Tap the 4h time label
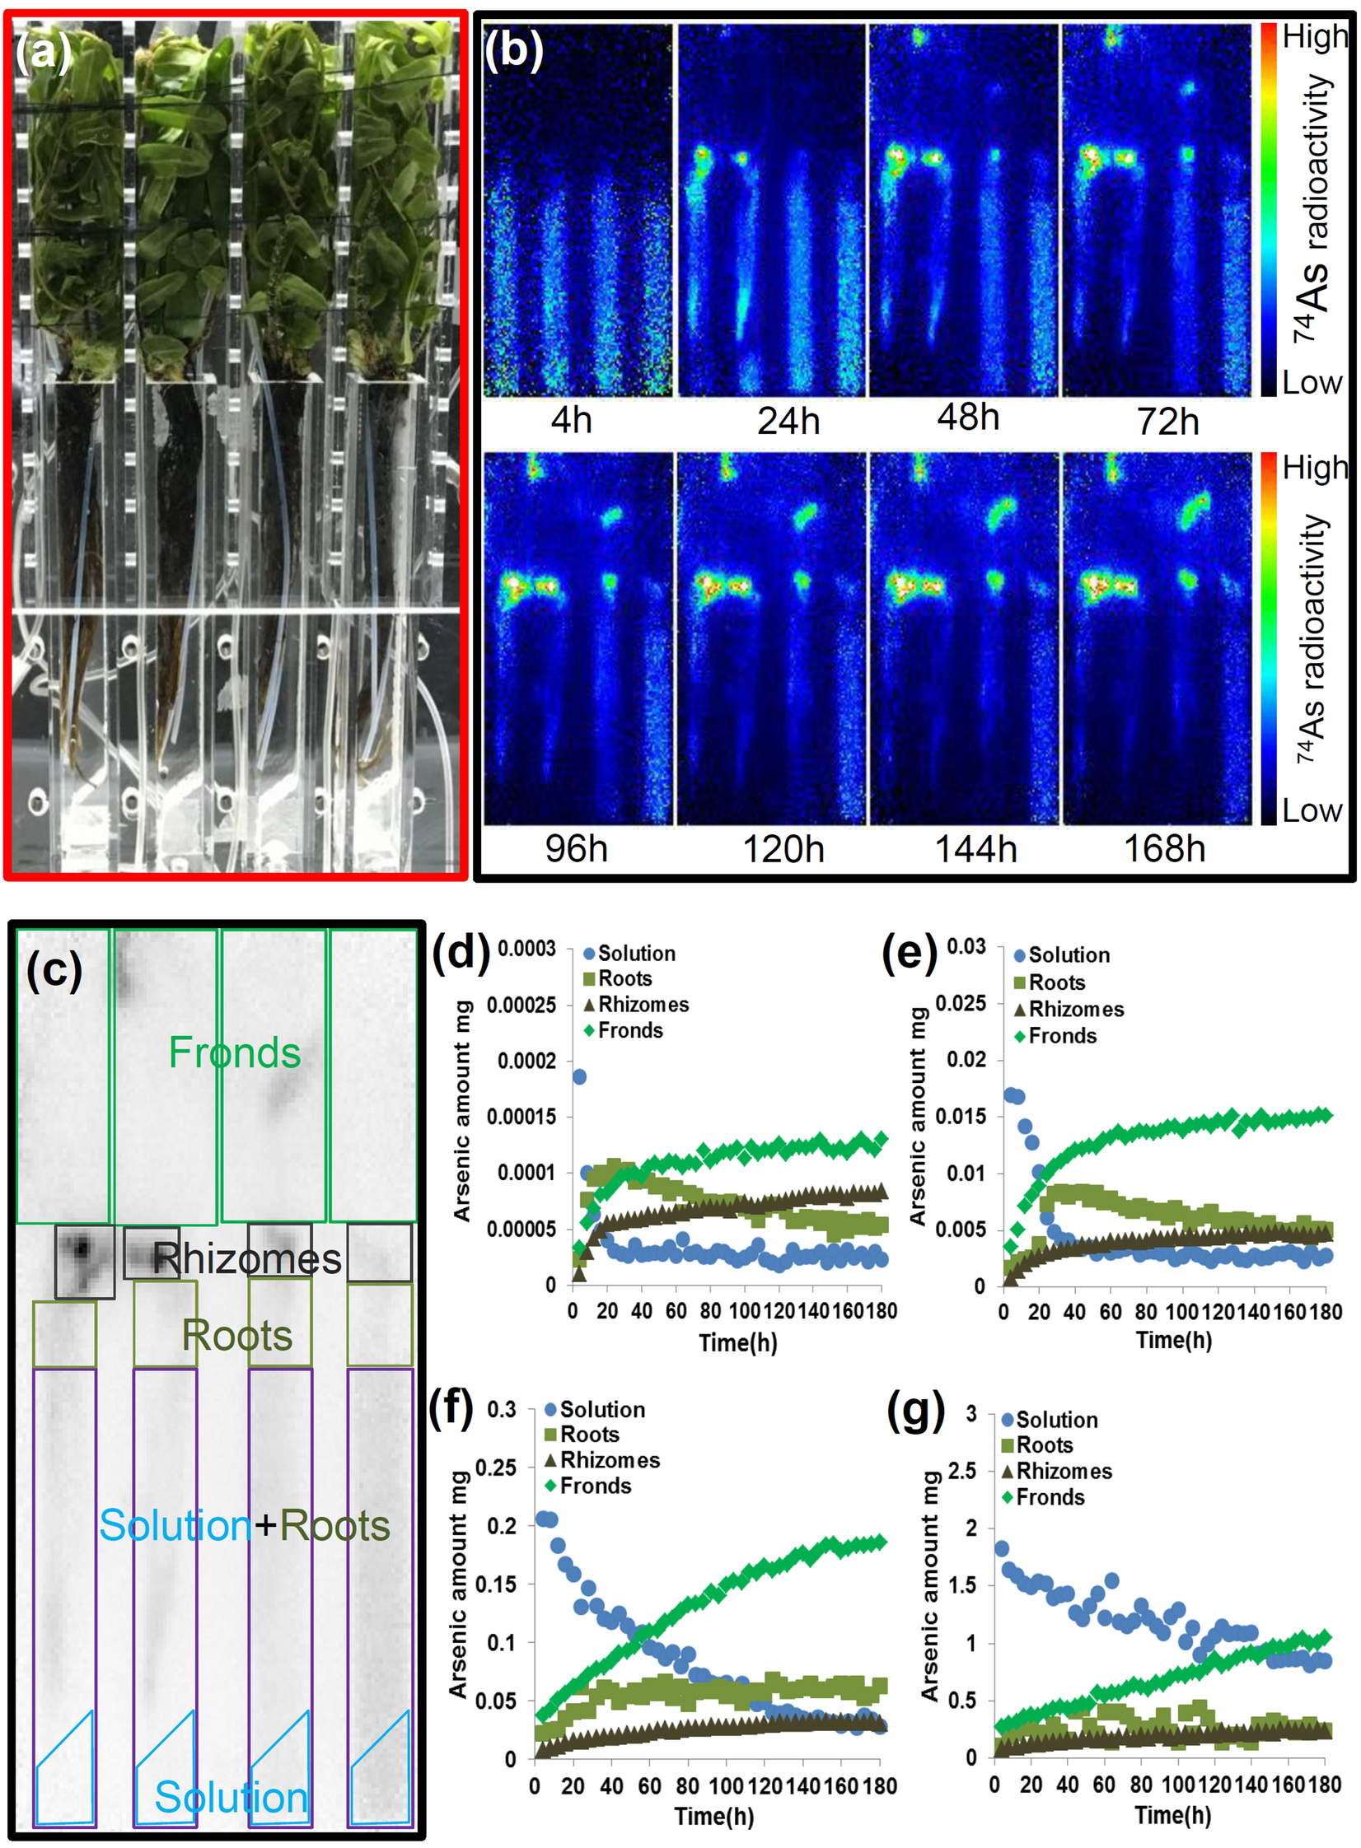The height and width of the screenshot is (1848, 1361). tap(571, 421)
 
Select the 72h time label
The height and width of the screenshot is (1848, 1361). tap(1167, 422)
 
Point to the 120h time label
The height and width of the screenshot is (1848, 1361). tap(783, 849)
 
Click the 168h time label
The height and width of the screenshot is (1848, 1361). tap(1164, 849)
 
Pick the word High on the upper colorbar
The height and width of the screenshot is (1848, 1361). tap(1314, 37)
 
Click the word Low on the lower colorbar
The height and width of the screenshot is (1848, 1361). tap(1312, 811)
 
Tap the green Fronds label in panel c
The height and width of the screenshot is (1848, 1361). tap(235, 1053)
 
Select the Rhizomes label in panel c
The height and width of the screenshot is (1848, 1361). tap(247, 1259)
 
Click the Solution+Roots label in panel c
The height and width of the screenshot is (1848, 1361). tap(245, 1526)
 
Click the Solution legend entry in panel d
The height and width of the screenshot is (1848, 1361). tap(636, 954)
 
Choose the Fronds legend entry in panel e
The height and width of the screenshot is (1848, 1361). tap(1062, 1036)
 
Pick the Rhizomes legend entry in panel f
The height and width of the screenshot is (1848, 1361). tap(610, 1460)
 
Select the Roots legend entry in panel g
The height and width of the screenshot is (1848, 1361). tap(1045, 1445)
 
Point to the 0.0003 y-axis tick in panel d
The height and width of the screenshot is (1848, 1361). tap(526, 949)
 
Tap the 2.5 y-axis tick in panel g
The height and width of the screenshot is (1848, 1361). tap(962, 1471)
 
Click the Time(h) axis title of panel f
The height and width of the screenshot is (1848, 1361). tap(714, 1816)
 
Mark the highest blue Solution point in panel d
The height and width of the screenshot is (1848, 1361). tap(579, 1077)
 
